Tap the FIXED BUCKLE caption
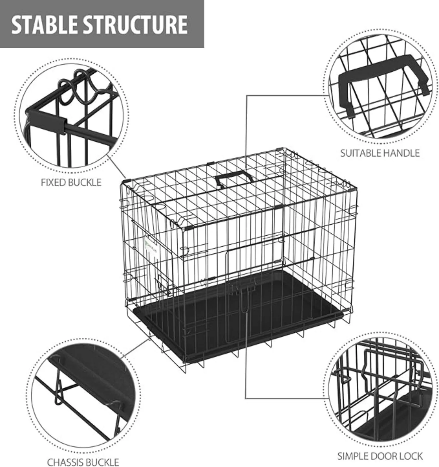pyautogui.click(x=71, y=182)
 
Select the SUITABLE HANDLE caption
pyautogui.click(x=380, y=153)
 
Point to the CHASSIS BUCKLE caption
pyautogui.click(x=83, y=462)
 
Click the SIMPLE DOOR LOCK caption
pyautogui.click(x=380, y=456)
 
